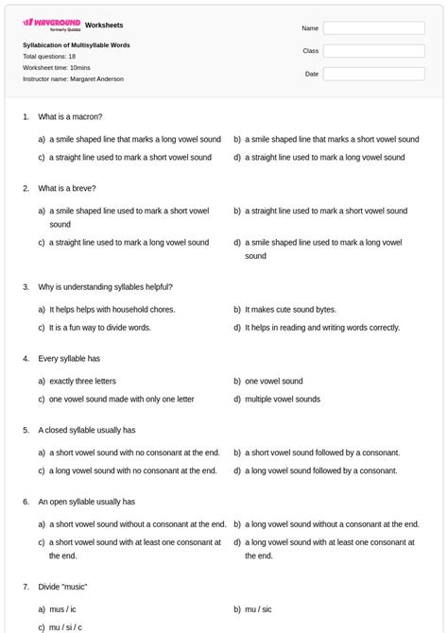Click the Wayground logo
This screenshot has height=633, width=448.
pos(51,23)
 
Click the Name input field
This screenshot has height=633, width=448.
pos(373,28)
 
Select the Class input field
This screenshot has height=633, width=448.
pos(373,51)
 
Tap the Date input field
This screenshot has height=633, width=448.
pos(373,74)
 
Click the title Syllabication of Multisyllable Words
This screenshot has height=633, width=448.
pos(77,45)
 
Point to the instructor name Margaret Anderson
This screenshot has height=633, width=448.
pos(73,79)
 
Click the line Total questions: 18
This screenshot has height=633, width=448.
pos(49,57)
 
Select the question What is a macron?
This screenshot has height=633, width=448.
pos(65,116)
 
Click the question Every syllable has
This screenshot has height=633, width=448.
pos(69,359)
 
